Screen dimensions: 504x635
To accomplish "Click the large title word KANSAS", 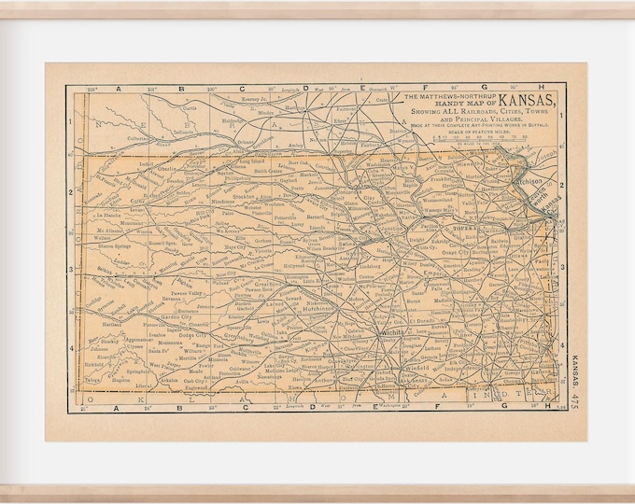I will (529, 101).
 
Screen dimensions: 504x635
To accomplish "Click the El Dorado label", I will (422, 323).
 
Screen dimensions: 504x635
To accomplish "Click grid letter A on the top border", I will (118, 90).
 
